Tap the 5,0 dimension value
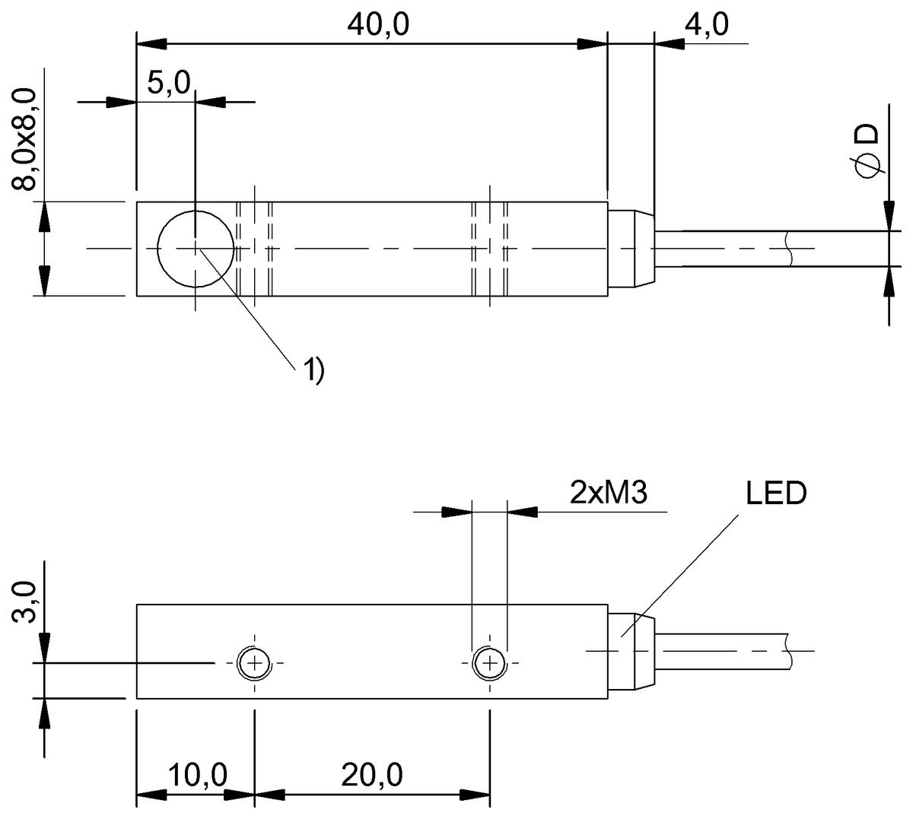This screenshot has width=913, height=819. (167, 84)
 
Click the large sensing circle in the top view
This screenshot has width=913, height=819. (196, 249)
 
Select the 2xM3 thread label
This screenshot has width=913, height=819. (608, 494)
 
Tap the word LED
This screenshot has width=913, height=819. (775, 494)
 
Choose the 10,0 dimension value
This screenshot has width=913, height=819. (197, 776)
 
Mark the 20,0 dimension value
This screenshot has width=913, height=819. (372, 776)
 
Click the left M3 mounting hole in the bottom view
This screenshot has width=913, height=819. (253, 664)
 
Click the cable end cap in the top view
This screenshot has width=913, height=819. (631, 249)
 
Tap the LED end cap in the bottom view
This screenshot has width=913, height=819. (631, 651)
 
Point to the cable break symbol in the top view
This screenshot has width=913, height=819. (788, 249)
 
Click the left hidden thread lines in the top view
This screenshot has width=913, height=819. (254, 249)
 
